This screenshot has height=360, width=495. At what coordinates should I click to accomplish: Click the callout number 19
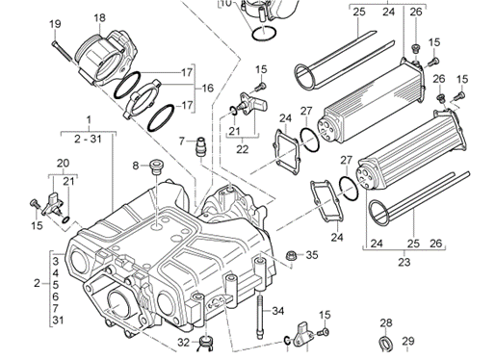click(x=55, y=24)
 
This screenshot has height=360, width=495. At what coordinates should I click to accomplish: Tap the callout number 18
click(x=99, y=17)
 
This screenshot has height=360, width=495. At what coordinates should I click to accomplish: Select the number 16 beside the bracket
click(x=208, y=88)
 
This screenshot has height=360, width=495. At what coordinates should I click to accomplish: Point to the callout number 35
click(x=312, y=255)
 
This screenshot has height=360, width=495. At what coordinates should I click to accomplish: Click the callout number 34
click(x=278, y=311)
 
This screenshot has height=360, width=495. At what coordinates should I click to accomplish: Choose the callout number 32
click(x=184, y=343)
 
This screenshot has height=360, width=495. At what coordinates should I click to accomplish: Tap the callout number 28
click(x=386, y=322)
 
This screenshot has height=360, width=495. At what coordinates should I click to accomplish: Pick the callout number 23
click(x=404, y=262)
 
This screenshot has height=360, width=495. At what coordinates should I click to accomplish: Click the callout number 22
click(x=243, y=149)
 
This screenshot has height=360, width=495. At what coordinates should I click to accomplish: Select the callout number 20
click(x=63, y=164)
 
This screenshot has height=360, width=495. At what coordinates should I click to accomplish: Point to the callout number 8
click(x=136, y=166)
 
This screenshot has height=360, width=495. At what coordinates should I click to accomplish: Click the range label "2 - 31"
click(x=88, y=139)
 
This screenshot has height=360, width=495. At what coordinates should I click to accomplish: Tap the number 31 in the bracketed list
click(x=58, y=320)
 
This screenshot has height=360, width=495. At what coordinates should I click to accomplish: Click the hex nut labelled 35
click(x=291, y=256)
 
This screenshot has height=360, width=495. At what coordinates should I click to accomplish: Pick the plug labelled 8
click(x=156, y=167)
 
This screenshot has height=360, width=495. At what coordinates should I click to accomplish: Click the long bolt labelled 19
click(x=65, y=52)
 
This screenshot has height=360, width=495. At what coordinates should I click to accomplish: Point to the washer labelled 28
click(x=386, y=345)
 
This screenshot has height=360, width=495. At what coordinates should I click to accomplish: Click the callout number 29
click(x=408, y=341)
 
